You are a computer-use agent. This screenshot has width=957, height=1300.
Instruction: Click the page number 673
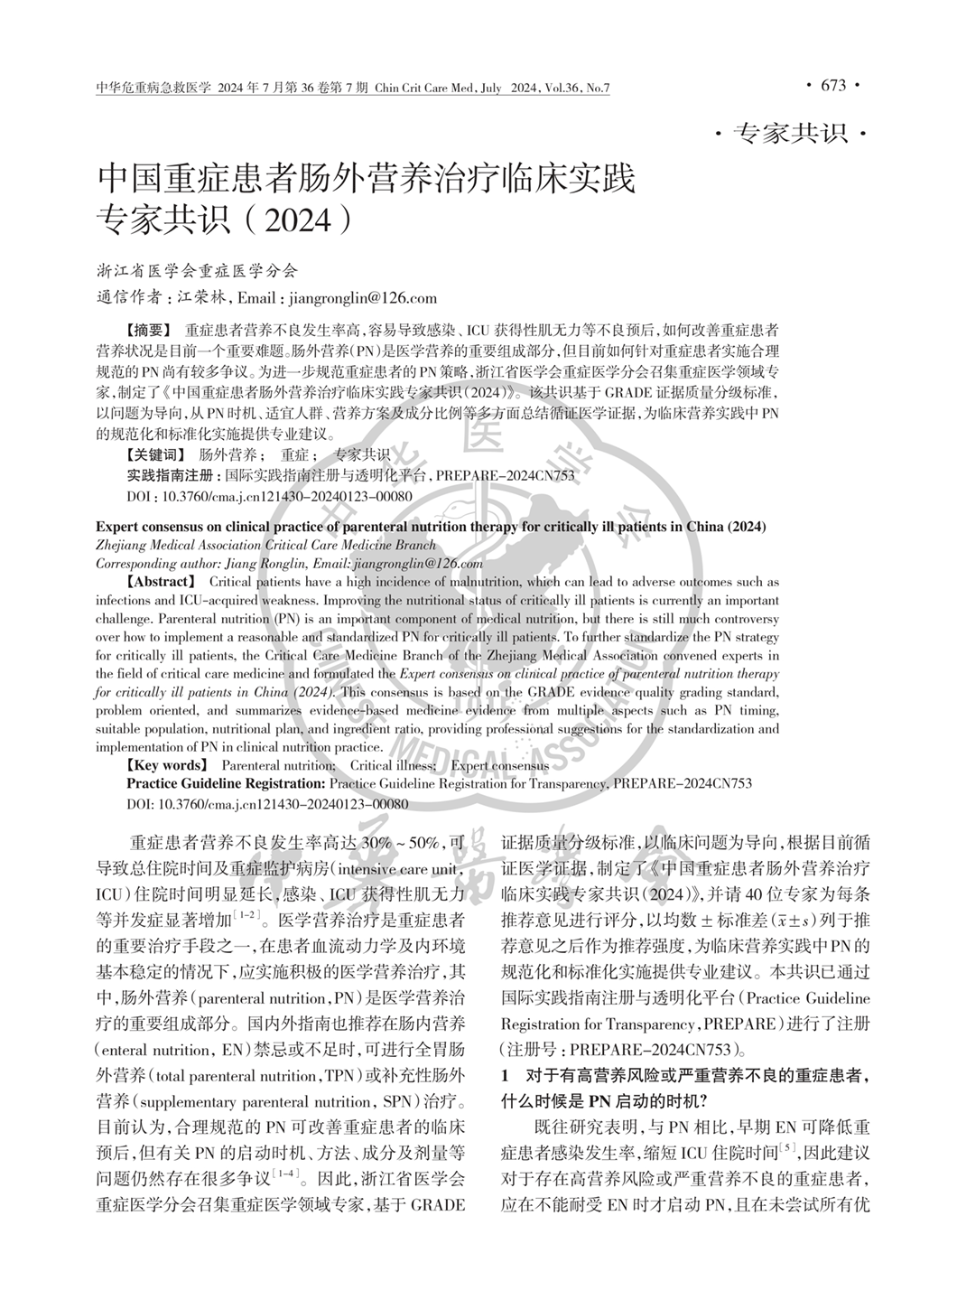point(832,86)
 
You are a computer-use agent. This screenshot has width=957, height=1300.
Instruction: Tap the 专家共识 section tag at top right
point(792,135)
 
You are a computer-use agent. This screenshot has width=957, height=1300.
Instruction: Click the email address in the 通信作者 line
point(360,298)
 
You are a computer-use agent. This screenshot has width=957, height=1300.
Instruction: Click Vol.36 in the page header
point(562,88)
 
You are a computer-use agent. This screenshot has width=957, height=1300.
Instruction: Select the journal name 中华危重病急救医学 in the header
point(152,88)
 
